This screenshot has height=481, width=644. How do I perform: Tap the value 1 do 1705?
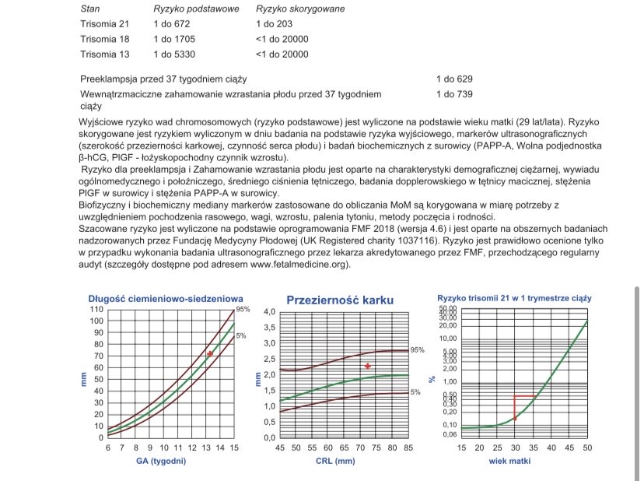[174, 39]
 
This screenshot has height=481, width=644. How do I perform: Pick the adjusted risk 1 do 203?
[275, 23]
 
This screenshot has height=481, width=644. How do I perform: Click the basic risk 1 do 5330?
[174, 54]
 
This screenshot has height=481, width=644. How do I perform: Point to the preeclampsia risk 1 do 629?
[454, 79]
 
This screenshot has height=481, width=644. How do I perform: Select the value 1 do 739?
[454, 94]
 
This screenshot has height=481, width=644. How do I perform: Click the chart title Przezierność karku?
[340, 300]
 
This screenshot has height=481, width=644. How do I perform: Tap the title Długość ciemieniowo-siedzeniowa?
[166, 298]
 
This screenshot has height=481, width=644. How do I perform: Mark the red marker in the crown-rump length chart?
[209, 354]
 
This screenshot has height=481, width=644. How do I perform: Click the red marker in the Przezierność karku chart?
[368, 366]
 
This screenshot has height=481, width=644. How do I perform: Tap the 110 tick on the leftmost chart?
[96, 310]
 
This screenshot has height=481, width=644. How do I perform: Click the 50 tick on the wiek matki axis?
[586, 448]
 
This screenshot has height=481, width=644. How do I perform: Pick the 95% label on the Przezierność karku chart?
[418, 350]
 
